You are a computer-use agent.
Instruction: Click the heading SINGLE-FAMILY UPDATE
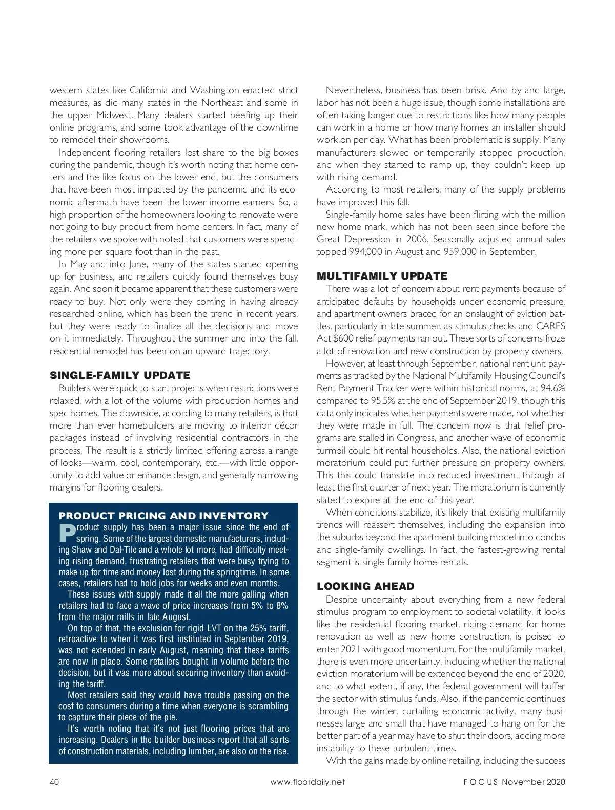(120, 375)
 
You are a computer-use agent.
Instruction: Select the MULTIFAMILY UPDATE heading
(382, 276)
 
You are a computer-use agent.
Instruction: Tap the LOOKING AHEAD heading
(365, 586)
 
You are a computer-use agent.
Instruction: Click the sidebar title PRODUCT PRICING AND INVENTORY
(163, 516)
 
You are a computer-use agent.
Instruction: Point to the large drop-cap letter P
(67, 533)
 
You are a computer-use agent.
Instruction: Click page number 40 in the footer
(55, 782)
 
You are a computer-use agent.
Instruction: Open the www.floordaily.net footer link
(307, 782)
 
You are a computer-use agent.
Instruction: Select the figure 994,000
(366, 252)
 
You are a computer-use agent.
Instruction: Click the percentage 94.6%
(552, 388)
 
